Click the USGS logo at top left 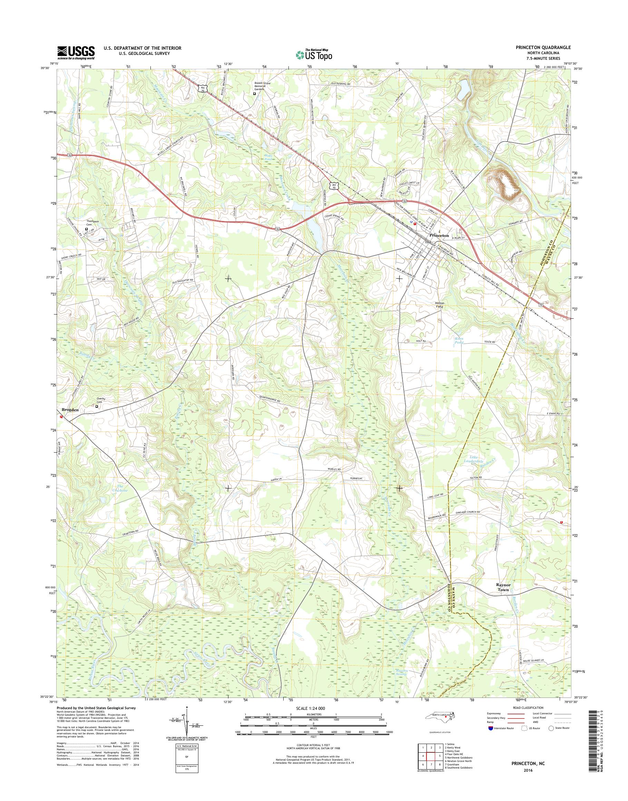click(x=76, y=52)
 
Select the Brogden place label click(x=70, y=409)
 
